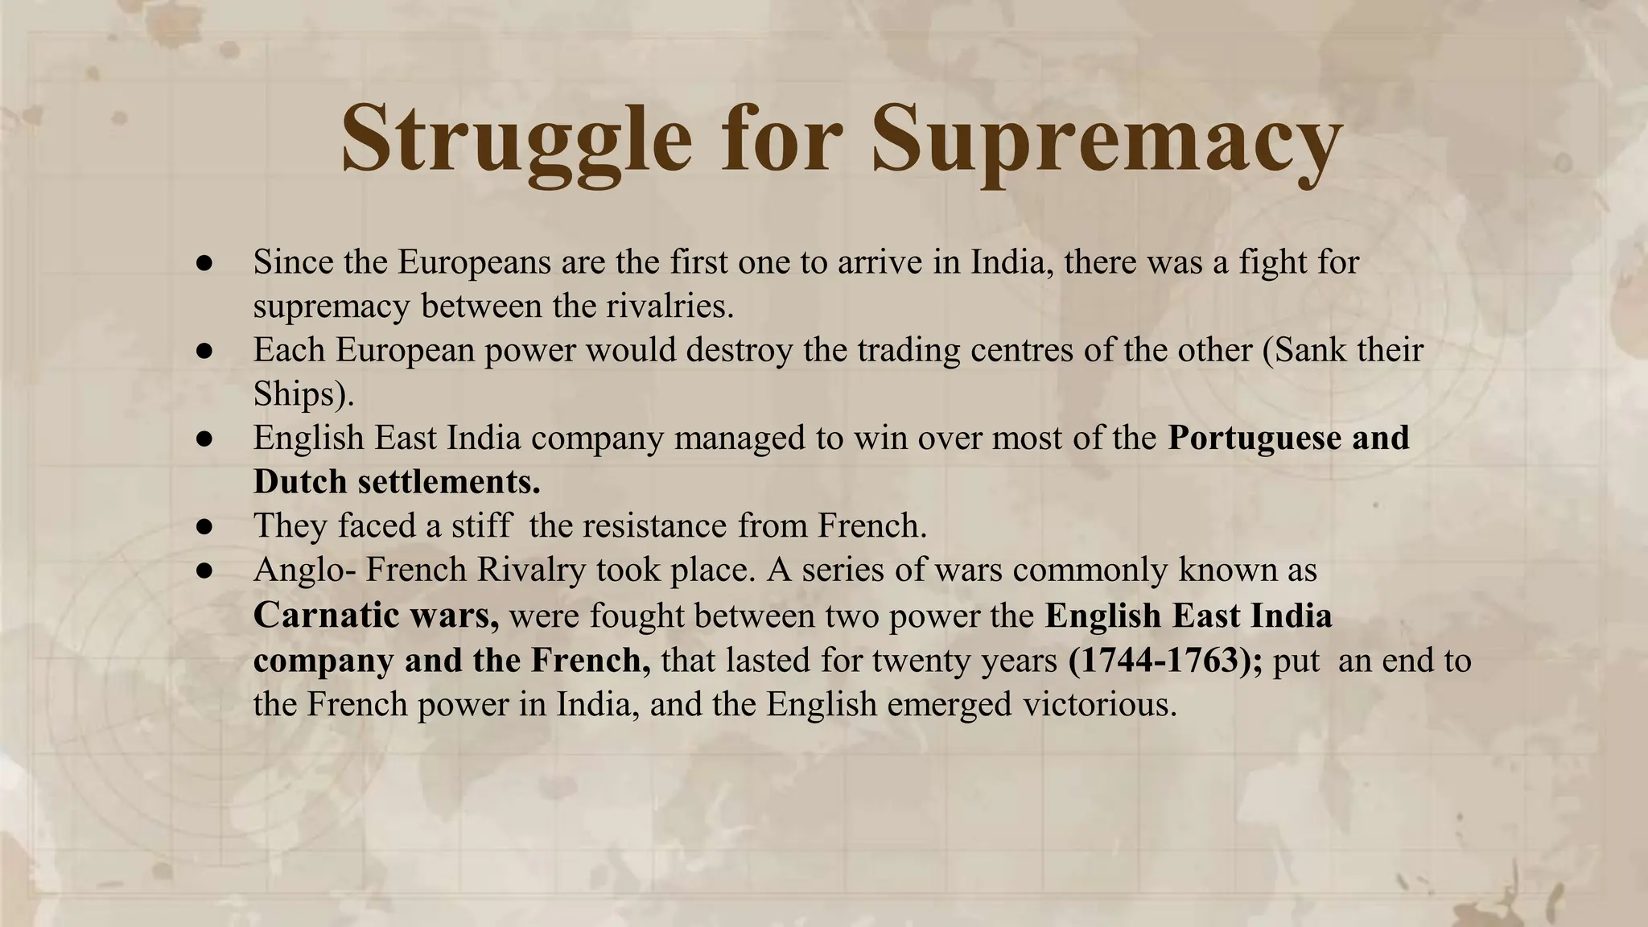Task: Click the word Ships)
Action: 303,394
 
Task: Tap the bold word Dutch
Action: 300,482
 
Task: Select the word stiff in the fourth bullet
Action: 480,526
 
